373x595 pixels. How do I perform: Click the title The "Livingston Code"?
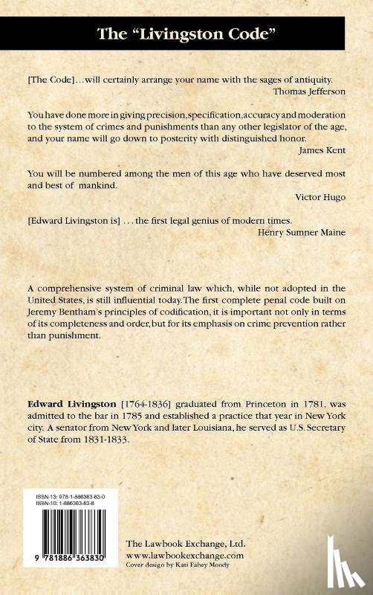186,33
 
